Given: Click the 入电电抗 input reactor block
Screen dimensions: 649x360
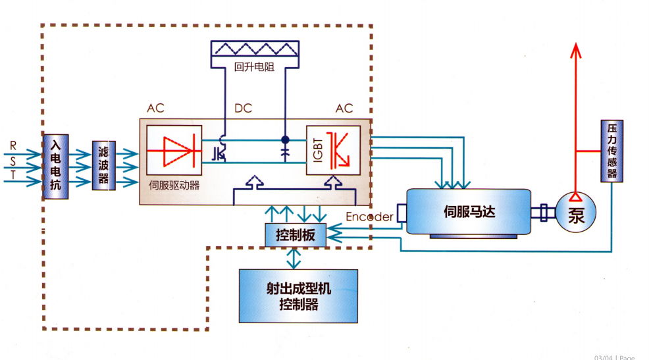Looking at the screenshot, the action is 55,167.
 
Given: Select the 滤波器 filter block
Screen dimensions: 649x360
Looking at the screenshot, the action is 103,165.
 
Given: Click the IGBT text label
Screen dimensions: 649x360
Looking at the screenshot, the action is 317,150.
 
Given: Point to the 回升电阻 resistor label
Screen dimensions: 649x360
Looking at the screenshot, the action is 254,66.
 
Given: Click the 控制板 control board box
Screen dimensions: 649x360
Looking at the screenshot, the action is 296,235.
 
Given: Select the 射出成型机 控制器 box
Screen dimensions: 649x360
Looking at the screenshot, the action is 298,296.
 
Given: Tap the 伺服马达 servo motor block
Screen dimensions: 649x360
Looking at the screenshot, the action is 469,212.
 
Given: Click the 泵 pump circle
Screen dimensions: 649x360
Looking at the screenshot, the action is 576,213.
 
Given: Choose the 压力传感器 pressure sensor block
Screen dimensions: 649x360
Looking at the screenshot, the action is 611,151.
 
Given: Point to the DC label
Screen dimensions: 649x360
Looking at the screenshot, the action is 243,109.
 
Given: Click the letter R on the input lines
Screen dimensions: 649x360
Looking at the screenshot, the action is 13,145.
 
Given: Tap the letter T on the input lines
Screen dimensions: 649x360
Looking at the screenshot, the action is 13,175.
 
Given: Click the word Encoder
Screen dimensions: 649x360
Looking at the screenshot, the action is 369,217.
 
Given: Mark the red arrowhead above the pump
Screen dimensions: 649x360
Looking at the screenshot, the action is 576,51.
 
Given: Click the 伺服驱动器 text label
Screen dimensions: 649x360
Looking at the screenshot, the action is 174,185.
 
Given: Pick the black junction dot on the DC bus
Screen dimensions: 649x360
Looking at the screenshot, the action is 285,140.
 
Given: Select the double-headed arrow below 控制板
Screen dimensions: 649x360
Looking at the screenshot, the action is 294,258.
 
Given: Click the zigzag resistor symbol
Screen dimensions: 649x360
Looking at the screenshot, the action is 255,49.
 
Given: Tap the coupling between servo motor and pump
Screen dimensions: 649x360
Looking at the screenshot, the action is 544,213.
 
